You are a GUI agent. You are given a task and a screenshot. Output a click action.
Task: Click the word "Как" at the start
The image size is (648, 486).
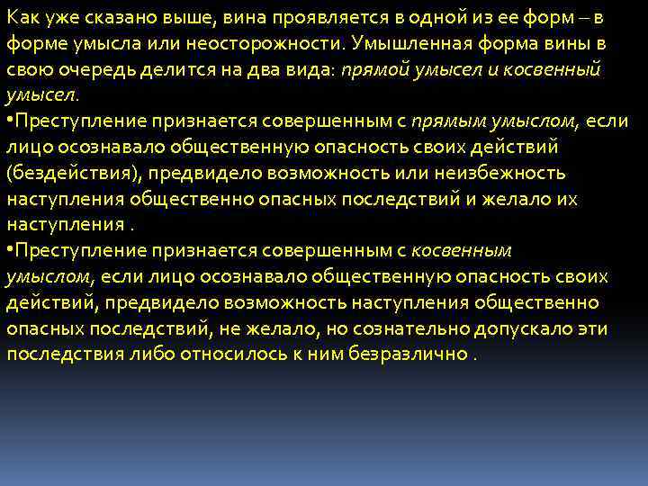coord(22,18)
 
